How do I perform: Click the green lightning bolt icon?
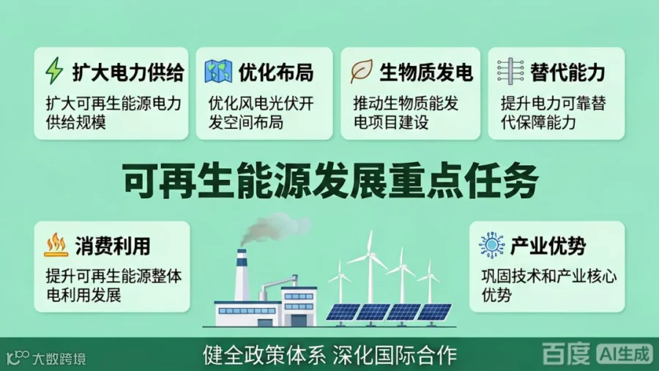(x=54, y=70)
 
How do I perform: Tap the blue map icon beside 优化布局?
(x=218, y=72)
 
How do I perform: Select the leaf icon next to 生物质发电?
(x=362, y=71)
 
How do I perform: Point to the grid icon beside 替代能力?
(x=510, y=71)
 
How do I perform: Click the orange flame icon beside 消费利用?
(x=56, y=245)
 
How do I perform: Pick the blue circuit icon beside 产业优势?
(x=491, y=244)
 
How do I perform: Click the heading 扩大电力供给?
(x=128, y=72)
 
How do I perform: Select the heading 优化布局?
(x=276, y=72)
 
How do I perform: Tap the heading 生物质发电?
(x=426, y=72)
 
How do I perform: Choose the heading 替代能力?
(x=567, y=72)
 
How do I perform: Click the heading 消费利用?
(x=113, y=246)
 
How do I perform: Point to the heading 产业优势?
(x=548, y=246)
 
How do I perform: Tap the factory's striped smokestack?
(x=242, y=274)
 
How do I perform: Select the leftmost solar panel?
(x=343, y=312)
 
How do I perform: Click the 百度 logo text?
(x=566, y=353)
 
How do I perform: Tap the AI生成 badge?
(x=625, y=353)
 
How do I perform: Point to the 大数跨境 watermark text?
(x=59, y=359)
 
